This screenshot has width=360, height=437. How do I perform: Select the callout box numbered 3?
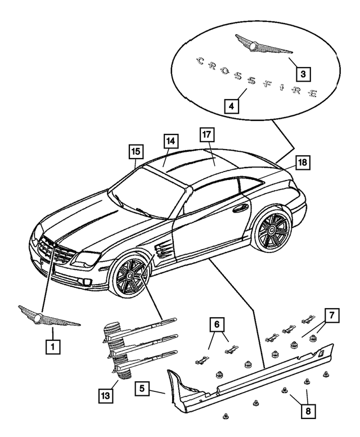click(x=303, y=73)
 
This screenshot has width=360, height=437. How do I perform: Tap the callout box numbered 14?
click(x=170, y=141)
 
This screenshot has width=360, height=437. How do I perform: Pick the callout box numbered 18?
click(x=302, y=163)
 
